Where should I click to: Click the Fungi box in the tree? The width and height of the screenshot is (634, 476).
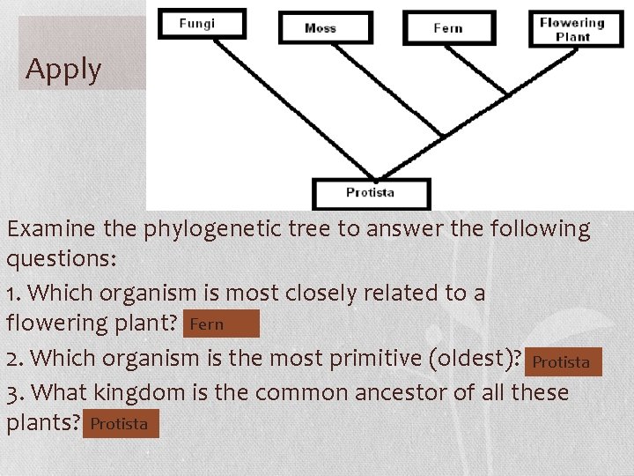coord(202,23)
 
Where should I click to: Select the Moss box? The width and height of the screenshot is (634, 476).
coord(325,27)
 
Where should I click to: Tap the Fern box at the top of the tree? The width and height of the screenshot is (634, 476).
coord(447,27)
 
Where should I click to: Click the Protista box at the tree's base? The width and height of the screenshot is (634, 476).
coord(371,192)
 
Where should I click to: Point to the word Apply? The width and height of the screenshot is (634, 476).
coord(63,69)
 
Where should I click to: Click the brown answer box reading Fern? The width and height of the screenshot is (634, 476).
coord(221,324)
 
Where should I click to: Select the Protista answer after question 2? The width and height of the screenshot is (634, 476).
coord(562,361)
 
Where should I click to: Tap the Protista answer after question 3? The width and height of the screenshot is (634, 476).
coord(121,424)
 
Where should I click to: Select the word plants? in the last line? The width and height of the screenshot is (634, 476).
coord(42,424)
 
